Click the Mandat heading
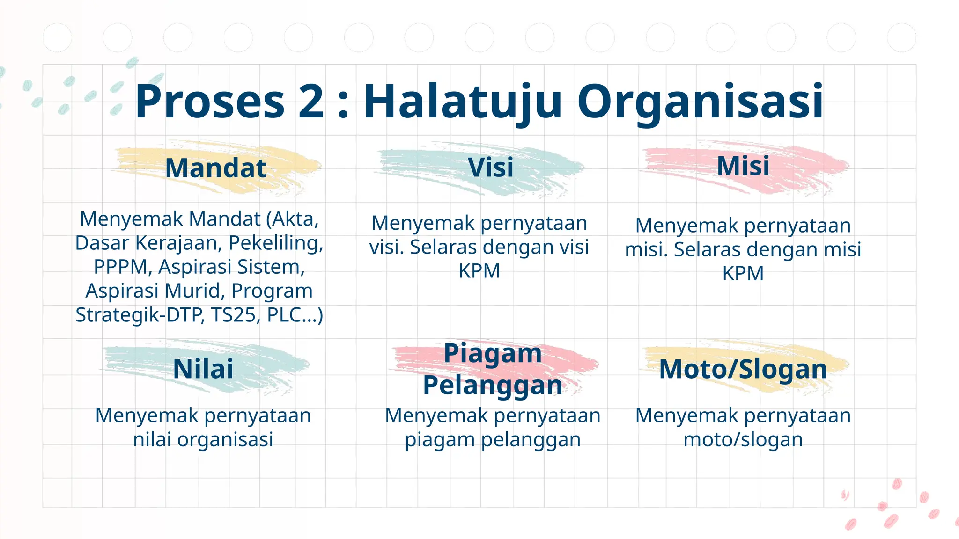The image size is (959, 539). click(x=216, y=168)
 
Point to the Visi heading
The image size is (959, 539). click(x=490, y=168)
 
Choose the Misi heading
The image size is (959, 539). click(x=743, y=166)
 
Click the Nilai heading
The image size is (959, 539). click(x=203, y=369)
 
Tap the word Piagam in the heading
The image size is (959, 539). click(x=492, y=353)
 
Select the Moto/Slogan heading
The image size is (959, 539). click(x=743, y=369)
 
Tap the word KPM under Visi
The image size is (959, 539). click(x=479, y=271)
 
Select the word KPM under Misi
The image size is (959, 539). click(x=743, y=273)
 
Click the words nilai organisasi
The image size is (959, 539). click(x=203, y=439)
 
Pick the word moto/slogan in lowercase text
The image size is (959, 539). click(x=743, y=439)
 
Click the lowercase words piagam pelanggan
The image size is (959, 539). click(x=493, y=439)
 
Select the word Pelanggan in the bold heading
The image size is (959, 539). click(x=492, y=386)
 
